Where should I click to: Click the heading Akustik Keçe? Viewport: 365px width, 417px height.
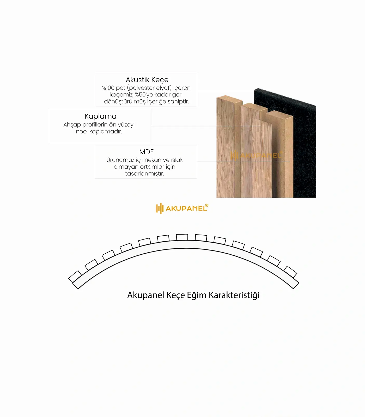147,80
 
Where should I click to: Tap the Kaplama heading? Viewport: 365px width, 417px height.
100,116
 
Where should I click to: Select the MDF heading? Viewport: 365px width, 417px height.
146,152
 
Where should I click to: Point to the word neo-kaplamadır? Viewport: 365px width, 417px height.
99,131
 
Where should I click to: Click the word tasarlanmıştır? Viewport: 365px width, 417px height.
144,174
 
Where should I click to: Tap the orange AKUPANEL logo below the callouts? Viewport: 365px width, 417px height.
182,208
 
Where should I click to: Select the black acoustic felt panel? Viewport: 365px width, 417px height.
292,143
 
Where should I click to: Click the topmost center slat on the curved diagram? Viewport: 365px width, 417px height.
182,237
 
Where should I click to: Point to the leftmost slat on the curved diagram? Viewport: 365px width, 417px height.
75,277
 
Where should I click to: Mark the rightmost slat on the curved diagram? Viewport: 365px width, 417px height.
290,272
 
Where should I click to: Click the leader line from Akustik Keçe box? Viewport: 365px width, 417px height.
226,91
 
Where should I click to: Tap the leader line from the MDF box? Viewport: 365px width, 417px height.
243,161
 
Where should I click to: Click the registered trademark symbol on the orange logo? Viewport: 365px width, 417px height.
207,205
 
